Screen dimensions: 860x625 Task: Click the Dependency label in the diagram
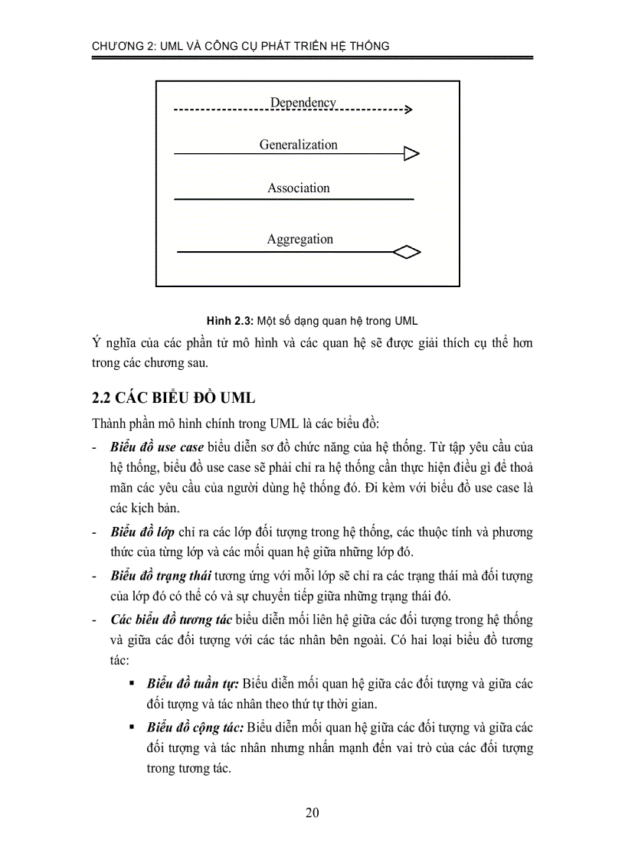click(303, 103)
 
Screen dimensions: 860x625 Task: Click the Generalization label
click(298, 145)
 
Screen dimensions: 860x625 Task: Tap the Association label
click(299, 188)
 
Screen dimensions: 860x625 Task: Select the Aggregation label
click(300, 239)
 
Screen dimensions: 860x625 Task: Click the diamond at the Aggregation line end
click(407, 252)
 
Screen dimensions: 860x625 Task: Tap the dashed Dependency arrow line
click(291, 111)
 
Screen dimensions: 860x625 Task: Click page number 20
click(312, 813)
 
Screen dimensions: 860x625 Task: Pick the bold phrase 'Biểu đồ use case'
click(157, 446)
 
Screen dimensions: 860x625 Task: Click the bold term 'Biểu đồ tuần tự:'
click(194, 684)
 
